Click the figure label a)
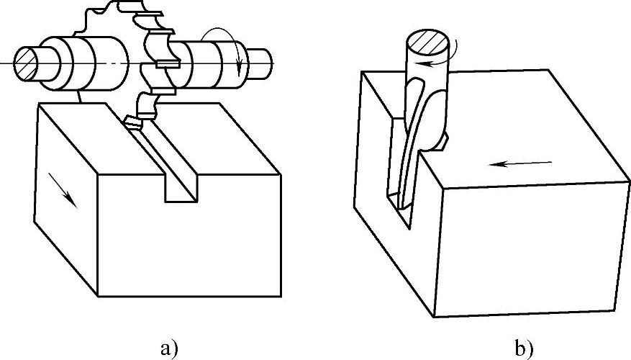coord(166,349)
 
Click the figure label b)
coord(523,349)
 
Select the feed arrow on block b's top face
coord(520,163)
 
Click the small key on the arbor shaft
coord(167,65)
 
